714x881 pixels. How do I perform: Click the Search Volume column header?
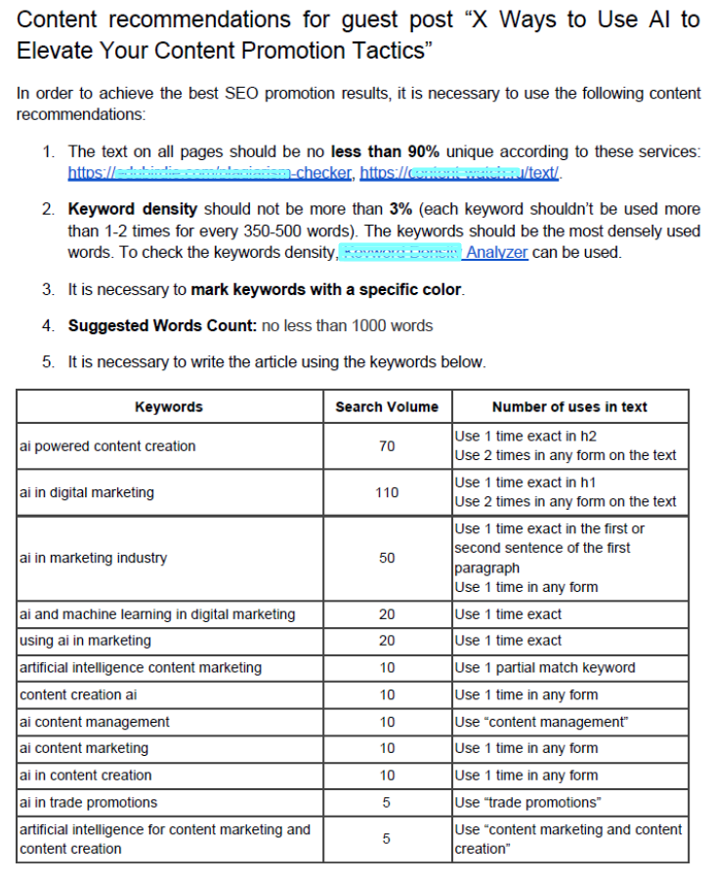387,406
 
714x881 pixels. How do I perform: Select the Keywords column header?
169,406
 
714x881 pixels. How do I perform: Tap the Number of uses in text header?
569,406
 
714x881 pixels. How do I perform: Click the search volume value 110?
387,492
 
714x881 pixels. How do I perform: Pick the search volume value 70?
387,446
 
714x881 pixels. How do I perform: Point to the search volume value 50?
387,558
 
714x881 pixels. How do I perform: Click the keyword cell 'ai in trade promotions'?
88,802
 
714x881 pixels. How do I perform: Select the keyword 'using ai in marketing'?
85,641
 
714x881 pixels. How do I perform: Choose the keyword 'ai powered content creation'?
107,446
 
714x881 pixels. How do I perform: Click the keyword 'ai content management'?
94,722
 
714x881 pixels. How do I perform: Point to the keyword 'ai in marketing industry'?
93,558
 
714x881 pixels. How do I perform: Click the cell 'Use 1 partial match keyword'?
544,668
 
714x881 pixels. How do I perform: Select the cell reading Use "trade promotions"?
527,802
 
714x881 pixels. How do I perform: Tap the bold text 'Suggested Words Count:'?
162,325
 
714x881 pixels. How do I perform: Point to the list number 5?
48,361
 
